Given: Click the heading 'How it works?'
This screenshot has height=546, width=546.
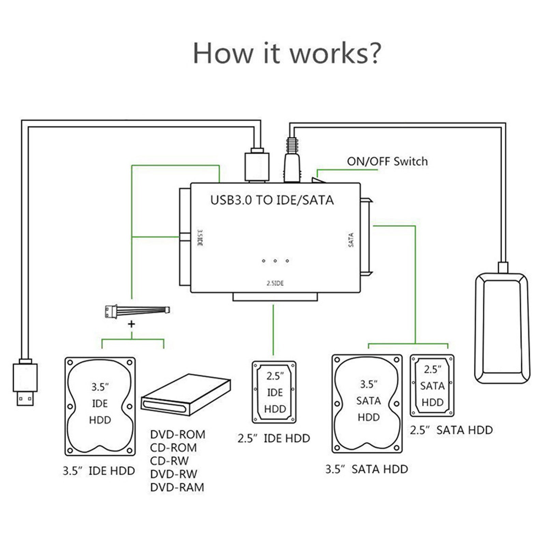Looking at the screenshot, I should (x=287, y=53).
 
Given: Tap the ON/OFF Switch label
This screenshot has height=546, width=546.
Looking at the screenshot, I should (x=387, y=161).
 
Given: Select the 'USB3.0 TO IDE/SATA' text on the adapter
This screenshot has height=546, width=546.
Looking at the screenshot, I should (x=272, y=200).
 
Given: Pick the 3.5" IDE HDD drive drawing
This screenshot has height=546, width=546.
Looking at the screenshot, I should (x=100, y=406).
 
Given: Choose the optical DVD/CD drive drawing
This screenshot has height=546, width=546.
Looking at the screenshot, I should (x=186, y=395).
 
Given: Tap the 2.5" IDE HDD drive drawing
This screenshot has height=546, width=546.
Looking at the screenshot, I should (x=274, y=392).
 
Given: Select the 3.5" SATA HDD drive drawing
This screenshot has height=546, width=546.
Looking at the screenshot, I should (x=367, y=404).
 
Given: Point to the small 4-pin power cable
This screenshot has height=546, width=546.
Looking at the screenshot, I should (x=137, y=311).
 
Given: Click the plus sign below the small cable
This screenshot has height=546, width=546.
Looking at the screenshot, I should (x=131, y=324).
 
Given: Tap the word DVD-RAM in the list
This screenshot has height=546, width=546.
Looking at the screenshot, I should (x=177, y=487).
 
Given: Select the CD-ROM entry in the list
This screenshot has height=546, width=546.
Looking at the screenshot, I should (x=173, y=448).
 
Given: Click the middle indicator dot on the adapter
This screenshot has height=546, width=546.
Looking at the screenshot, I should (x=275, y=261).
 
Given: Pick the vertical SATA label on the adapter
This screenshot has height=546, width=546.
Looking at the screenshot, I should (x=351, y=240).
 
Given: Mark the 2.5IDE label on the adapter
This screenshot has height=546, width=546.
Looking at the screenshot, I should (x=275, y=283).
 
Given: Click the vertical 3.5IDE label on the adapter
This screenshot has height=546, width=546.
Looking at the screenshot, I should (x=200, y=238).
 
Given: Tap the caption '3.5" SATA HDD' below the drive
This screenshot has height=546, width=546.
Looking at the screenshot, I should (x=367, y=470).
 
